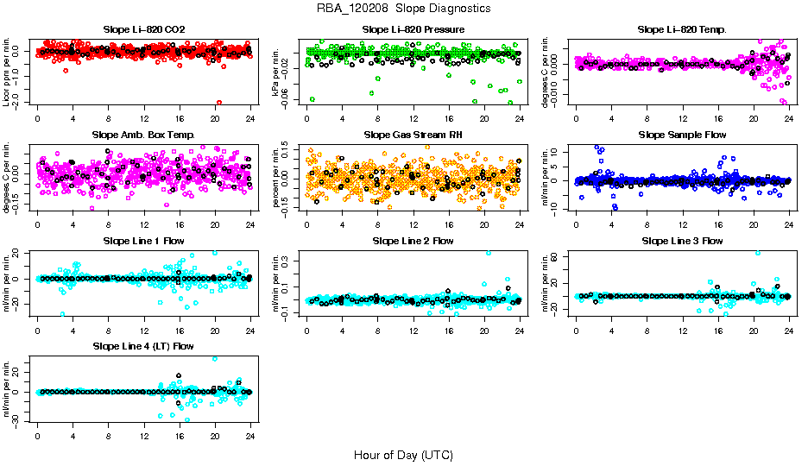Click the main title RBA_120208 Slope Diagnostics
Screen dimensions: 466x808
pos(403,8)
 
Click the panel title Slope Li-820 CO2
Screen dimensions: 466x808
pos(143,29)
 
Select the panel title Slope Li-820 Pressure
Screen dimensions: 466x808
pos(413,29)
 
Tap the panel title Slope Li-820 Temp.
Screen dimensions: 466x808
pos(682,29)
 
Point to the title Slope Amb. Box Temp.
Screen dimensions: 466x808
pos(143,135)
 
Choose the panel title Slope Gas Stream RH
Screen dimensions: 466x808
pos(413,135)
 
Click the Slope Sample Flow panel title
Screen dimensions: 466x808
pos(682,135)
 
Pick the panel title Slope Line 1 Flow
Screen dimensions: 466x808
pos(143,241)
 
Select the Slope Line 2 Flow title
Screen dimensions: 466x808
pos(413,241)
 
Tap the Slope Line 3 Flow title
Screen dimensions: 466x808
pos(682,241)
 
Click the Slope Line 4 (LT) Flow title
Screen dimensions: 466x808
pos(143,346)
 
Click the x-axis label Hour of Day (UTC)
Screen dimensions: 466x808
pos(403,454)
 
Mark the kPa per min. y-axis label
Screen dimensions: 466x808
pos(276,70)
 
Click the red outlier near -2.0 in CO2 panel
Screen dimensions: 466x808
pos(219,103)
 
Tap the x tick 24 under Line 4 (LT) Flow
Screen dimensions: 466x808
pos(250,436)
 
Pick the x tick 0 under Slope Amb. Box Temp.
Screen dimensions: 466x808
pos(37,224)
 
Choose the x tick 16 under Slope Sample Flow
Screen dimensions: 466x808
pos(718,224)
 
